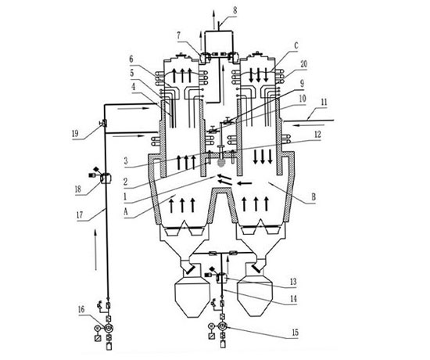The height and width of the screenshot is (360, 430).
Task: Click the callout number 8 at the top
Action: [235, 11]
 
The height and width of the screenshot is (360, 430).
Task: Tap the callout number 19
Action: [75, 134]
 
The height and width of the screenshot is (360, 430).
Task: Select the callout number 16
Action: [81, 310]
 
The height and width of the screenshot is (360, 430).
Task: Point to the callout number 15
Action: [295, 333]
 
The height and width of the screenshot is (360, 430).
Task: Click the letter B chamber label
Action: [314, 197]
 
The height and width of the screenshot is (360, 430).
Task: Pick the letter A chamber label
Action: [126, 212]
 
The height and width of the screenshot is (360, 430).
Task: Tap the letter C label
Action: [296, 46]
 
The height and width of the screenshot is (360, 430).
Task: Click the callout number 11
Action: [324, 103]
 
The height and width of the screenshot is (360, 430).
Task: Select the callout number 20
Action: [303, 64]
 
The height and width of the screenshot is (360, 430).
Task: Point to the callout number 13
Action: [293, 282]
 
